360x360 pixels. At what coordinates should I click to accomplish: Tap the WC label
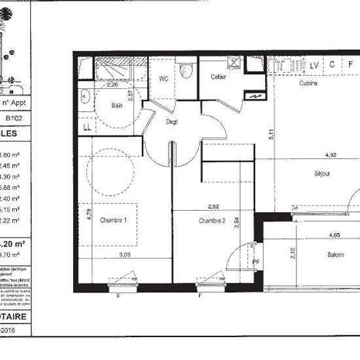(x=164, y=78)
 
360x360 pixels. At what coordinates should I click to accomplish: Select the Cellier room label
(x=219, y=77)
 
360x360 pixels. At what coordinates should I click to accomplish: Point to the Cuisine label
(x=309, y=84)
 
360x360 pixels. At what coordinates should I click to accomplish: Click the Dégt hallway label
(x=172, y=121)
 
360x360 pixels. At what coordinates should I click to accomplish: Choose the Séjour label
(x=321, y=173)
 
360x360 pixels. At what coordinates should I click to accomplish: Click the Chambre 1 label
(x=113, y=221)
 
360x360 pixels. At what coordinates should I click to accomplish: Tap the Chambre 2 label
(x=212, y=221)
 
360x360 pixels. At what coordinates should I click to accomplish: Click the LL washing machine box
(x=86, y=126)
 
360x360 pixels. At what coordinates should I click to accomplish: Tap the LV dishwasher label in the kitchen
(x=315, y=64)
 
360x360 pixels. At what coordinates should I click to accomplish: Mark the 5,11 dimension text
(x=270, y=136)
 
